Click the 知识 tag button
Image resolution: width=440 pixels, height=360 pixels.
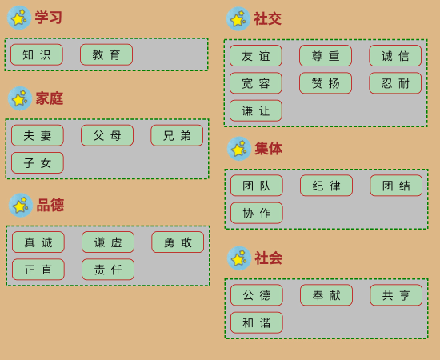(x=37, y=54)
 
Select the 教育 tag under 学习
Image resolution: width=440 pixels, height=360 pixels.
(x=106, y=54)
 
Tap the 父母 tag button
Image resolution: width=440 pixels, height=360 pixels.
(x=107, y=135)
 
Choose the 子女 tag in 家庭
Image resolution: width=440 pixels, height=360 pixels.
(x=38, y=162)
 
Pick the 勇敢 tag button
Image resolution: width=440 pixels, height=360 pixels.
(x=178, y=242)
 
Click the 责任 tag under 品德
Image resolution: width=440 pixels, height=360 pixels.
(x=108, y=270)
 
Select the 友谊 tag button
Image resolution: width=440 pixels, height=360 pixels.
(x=256, y=56)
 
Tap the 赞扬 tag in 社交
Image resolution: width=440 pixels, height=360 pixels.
(x=326, y=83)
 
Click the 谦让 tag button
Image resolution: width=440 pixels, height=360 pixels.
(x=256, y=110)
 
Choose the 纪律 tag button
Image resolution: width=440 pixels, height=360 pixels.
(x=326, y=186)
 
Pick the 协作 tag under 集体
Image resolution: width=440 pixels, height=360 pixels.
(x=257, y=213)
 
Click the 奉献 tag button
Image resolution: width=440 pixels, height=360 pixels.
(x=326, y=295)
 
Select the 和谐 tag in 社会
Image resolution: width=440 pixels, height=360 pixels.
(x=257, y=322)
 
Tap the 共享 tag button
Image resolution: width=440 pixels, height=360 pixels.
(x=396, y=295)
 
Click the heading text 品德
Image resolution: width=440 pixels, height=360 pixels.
(x=50, y=205)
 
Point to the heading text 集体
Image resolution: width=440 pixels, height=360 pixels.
(x=268, y=149)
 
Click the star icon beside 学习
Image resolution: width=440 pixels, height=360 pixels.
(x=19, y=18)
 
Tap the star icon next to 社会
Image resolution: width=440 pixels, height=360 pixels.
(x=239, y=258)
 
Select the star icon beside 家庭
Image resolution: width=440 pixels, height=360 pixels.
(x=20, y=98)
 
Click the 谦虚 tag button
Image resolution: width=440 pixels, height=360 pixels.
(x=108, y=242)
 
